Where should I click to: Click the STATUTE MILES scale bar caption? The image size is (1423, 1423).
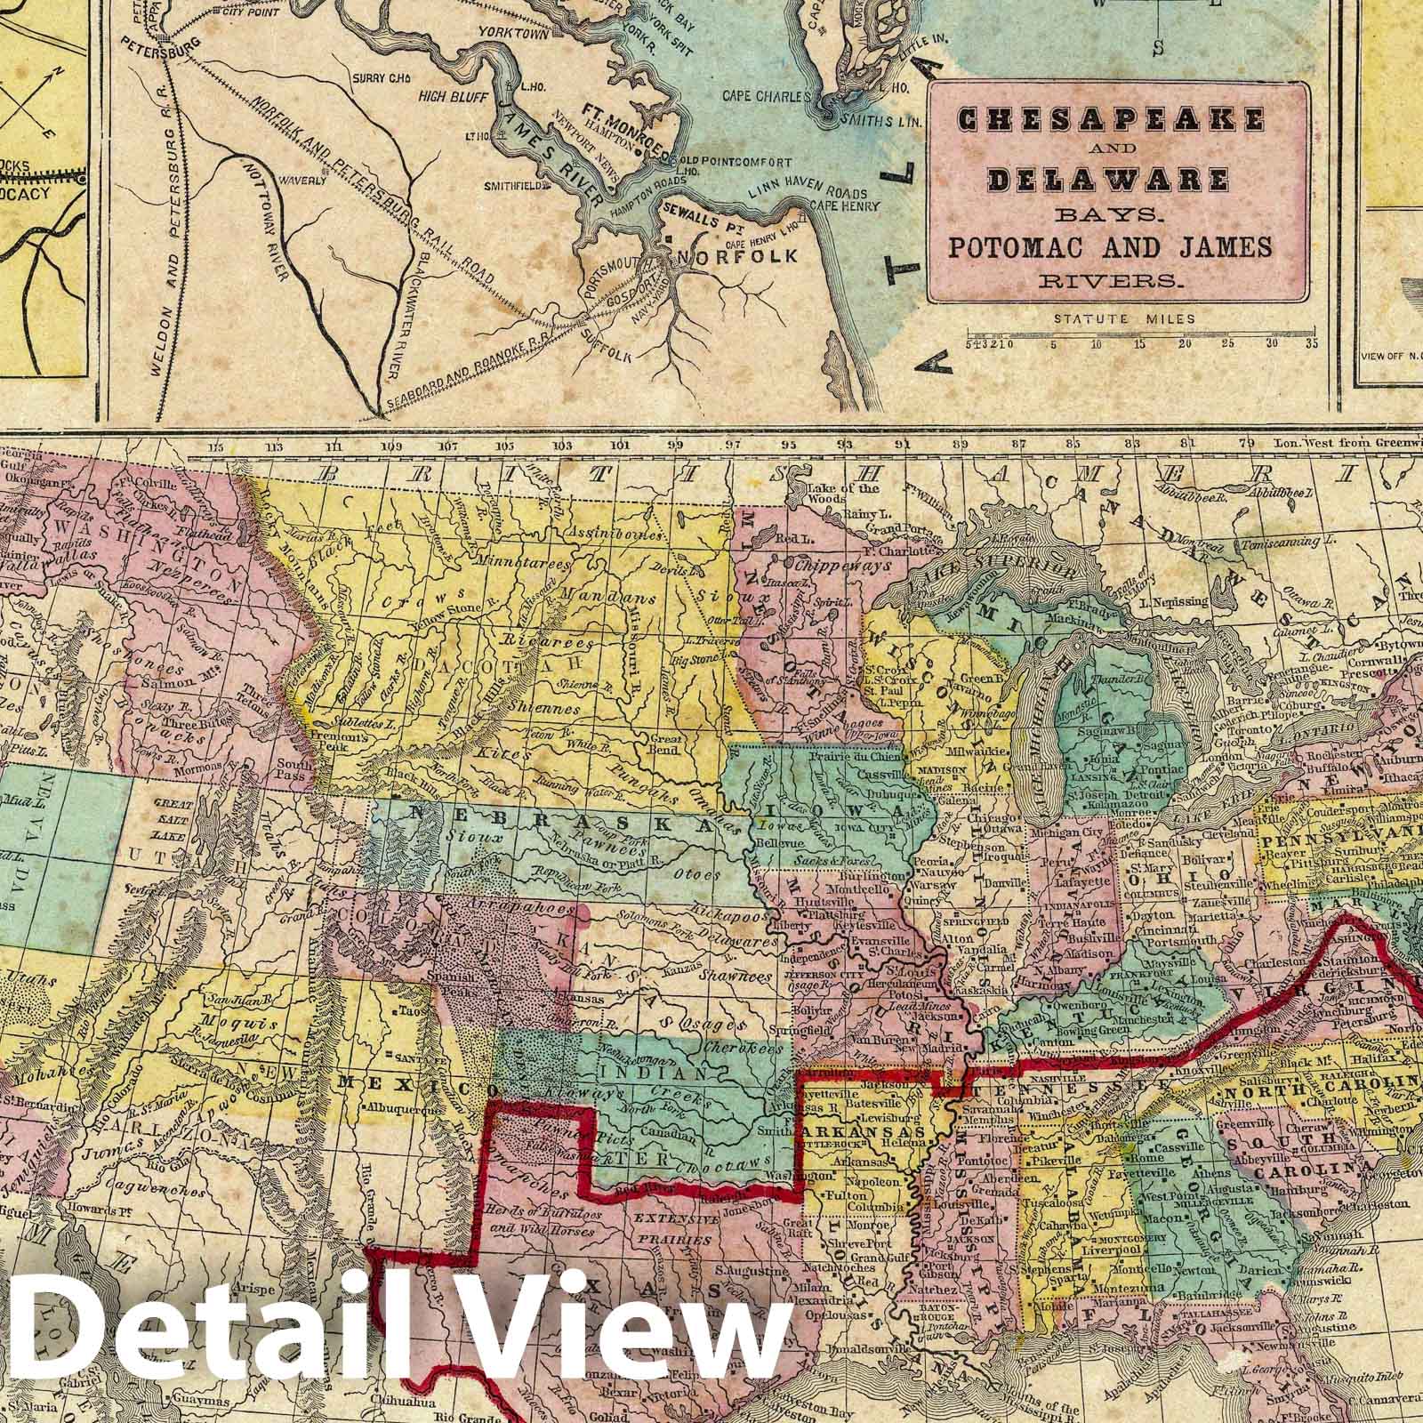pos(1123,318)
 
